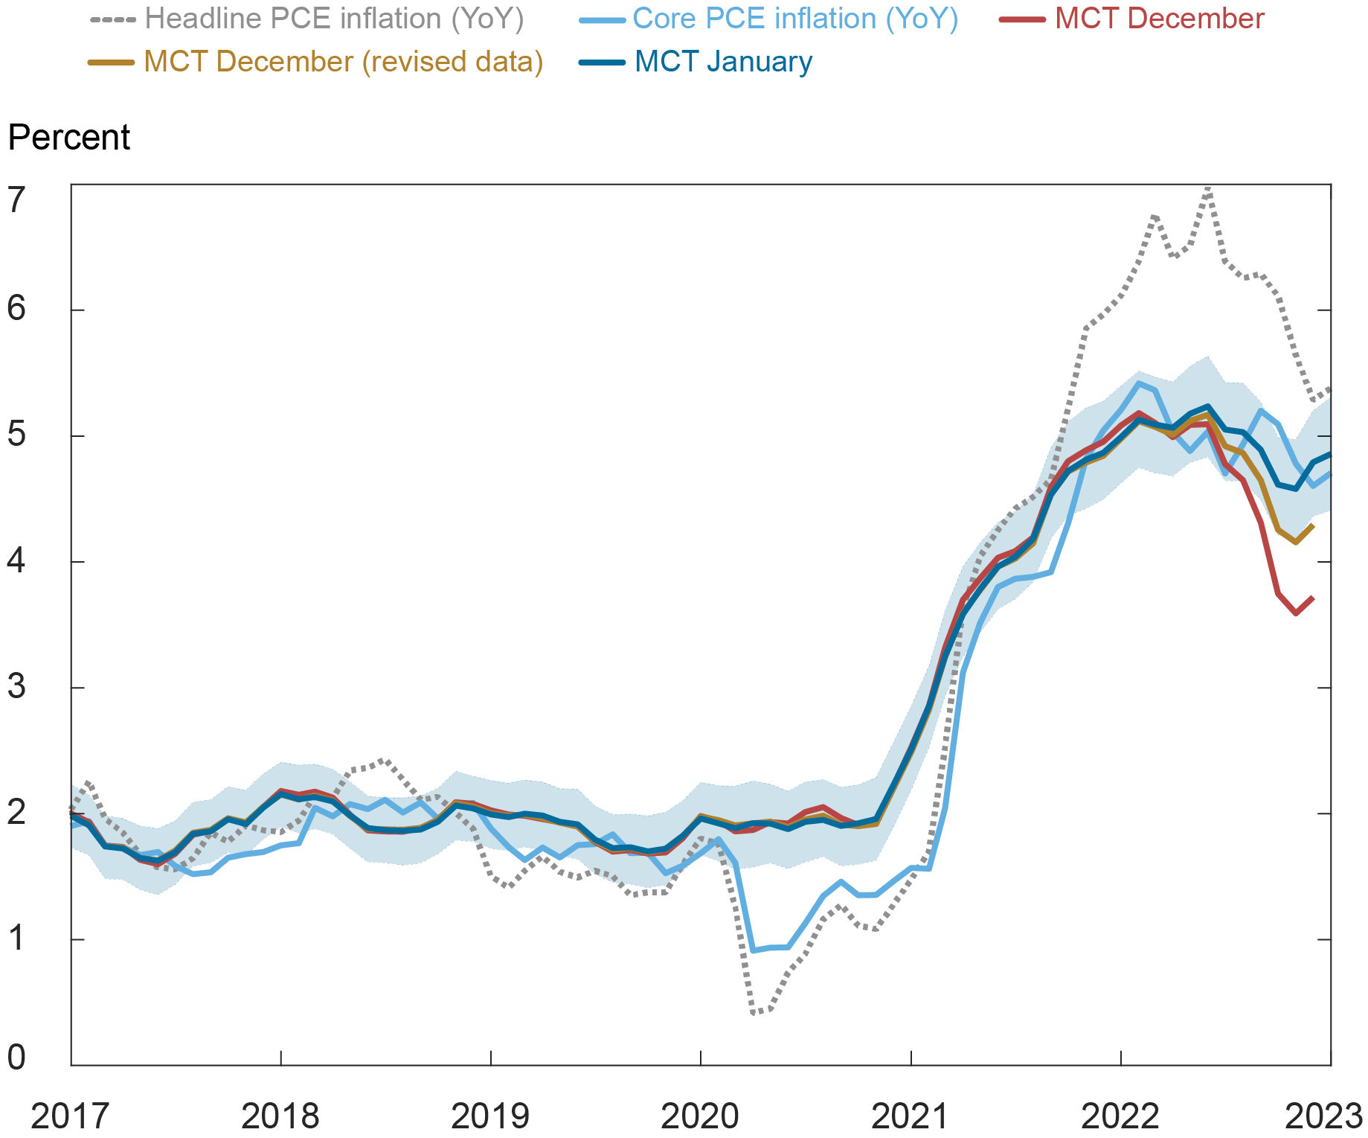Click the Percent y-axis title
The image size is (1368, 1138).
[x=68, y=138]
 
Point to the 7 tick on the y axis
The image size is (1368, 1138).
[x=16, y=199]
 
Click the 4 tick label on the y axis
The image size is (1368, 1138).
[x=16, y=560]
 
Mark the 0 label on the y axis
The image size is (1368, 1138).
[x=16, y=1057]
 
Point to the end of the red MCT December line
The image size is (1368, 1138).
[x=1313, y=598]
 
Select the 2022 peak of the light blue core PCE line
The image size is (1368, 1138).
[x=1138, y=383]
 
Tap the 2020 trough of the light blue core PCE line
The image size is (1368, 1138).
[x=753, y=950]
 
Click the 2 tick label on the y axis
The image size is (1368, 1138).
[x=16, y=812]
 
